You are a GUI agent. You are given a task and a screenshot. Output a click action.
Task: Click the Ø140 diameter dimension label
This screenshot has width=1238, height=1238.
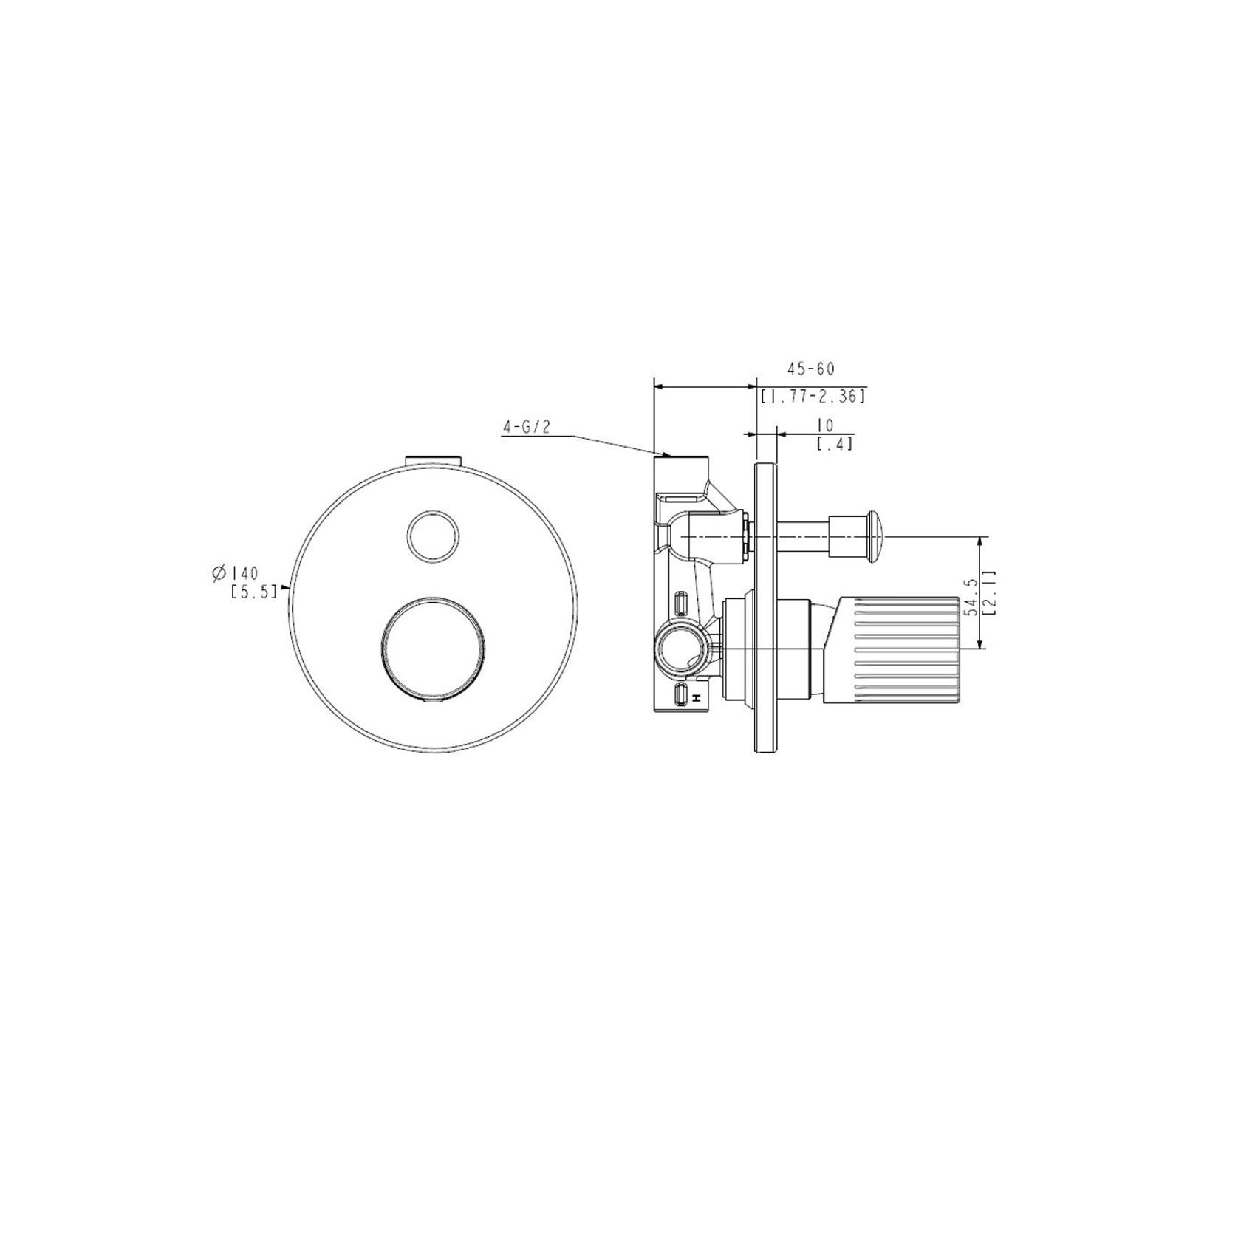point(234,572)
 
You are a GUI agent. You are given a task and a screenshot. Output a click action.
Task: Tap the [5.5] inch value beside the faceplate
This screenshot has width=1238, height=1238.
point(253,590)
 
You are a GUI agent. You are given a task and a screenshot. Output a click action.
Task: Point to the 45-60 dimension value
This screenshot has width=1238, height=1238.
point(810,369)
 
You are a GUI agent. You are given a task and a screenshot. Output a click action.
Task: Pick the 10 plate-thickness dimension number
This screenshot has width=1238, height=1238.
point(825,425)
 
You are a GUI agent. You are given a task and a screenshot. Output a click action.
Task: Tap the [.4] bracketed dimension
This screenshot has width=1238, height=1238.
point(834,443)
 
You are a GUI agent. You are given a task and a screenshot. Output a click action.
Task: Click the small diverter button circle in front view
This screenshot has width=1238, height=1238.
point(434,536)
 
